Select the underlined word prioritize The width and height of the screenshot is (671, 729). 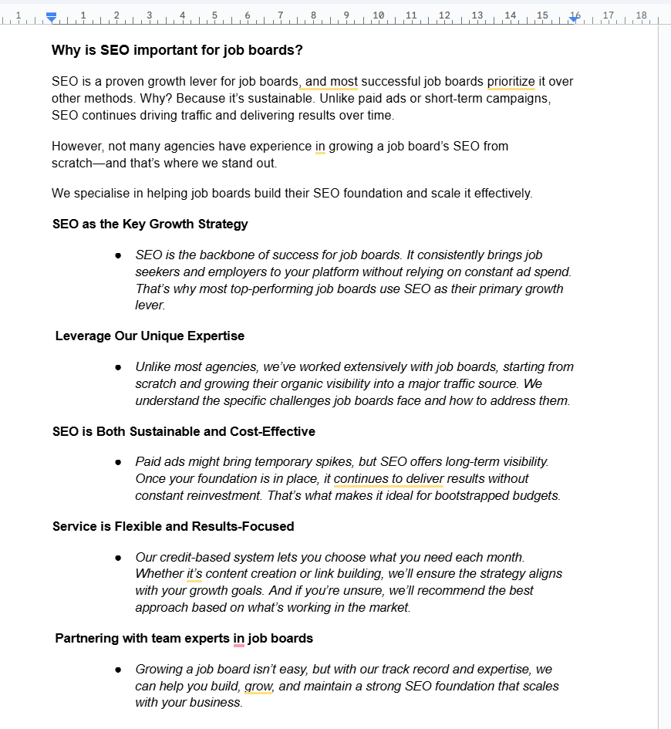(511, 82)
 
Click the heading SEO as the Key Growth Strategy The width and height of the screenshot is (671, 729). (150, 224)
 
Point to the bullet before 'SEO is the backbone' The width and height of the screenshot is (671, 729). (118, 255)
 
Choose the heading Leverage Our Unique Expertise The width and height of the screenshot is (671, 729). (150, 336)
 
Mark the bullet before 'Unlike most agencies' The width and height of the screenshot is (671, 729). (118, 367)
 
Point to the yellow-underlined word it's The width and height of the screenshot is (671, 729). (194, 574)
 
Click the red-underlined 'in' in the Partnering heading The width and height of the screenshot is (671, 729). (239, 638)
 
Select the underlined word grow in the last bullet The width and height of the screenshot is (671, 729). (258, 687)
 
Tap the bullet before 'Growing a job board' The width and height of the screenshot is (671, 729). (118, 670)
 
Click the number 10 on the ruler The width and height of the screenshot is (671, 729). (378, 15)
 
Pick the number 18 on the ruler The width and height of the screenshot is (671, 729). (641, 15)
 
